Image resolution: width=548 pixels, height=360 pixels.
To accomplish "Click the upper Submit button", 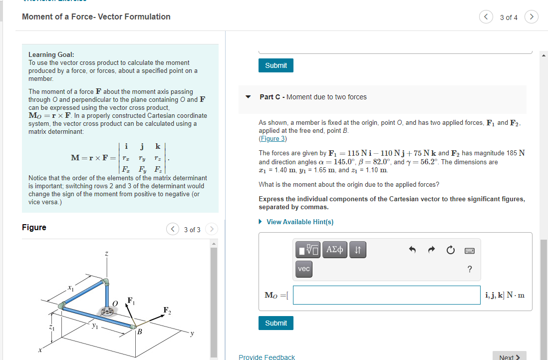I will tap(276, 65).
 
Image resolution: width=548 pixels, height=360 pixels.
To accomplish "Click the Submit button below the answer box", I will tap(276, 323).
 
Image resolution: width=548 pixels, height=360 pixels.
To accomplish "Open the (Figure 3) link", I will tap(273, 138).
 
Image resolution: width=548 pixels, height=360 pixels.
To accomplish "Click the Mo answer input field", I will tap(387, 295).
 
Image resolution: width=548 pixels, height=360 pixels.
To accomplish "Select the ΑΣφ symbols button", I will tap(334, 250).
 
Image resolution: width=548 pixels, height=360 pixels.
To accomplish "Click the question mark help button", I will tap(469, 270).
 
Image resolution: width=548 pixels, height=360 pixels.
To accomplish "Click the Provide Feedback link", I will tap(267, 357).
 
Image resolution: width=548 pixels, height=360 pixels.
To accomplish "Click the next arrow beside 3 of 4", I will tap(532, 17).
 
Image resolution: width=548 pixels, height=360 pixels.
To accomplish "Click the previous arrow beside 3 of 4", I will tap(486, 17).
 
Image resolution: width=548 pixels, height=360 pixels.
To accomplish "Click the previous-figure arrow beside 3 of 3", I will tap(173, 230).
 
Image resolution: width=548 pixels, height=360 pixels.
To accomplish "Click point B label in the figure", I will tap(140, 332).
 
